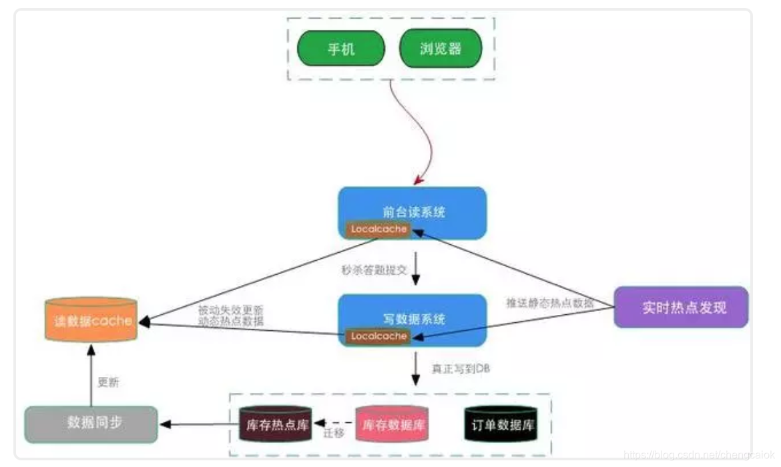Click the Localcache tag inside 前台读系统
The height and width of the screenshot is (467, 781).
pos(378,229)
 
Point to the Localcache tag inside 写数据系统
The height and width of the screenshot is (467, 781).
pos(378,336)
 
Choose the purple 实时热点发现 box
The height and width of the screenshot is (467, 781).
pos(681,308)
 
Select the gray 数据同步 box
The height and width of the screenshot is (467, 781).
pos(91,424)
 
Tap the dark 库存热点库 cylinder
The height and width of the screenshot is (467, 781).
pos(274,425)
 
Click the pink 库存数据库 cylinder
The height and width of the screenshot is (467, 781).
pos(392,425)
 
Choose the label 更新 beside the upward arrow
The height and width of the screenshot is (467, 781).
pos(109,383)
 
